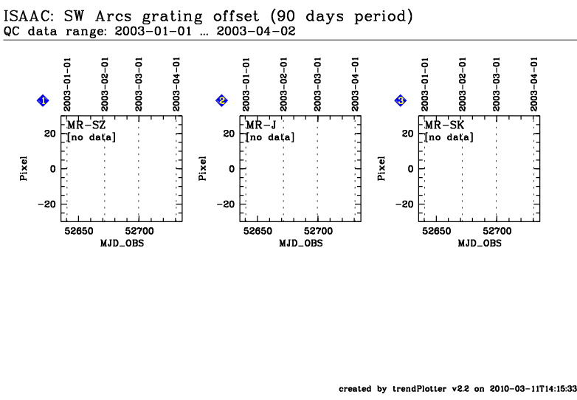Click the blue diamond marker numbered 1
point(43,100)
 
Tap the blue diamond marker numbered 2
point(221,100)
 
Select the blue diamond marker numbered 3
point(401,100)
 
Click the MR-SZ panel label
point(86,125)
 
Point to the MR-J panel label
point(260,125)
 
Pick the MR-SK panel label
point(444,125)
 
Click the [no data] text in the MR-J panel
point(270,137)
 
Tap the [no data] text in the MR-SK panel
point(449,137)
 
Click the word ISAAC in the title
point(28,16)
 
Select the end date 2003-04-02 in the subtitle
point(256,31)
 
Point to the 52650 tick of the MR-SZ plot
point(79,231)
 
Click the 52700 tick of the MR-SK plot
point(497,231)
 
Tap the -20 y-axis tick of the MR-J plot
point(226,204)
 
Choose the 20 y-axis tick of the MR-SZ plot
point(50,134)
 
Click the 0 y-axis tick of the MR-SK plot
point(411,169)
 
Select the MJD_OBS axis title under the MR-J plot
point(301,244)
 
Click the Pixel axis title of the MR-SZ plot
point(24,168)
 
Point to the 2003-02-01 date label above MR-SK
point(462,84)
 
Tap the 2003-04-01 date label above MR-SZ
point(176,84)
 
